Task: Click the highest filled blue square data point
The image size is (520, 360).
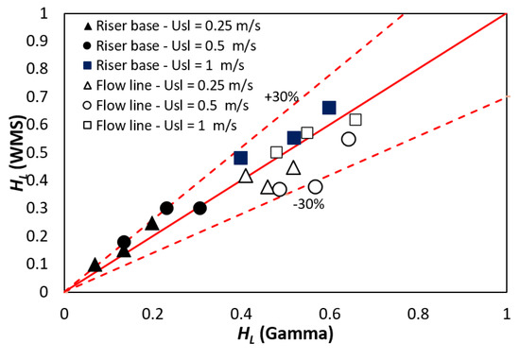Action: [329, 108]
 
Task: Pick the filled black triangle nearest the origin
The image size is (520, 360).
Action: [95, 266]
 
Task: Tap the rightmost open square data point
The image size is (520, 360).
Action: [355, 119]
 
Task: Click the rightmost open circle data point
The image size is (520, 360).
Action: [349, 139]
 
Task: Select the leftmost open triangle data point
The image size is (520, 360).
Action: [246, 176]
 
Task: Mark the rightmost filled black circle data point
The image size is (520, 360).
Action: [199, 208]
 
